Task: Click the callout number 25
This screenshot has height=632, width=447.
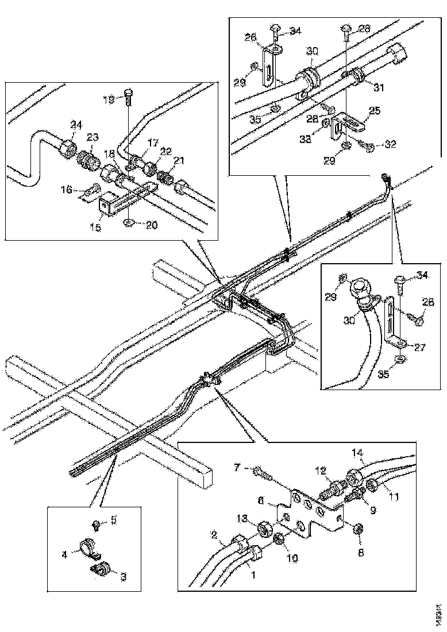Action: click(x=373, y=110)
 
